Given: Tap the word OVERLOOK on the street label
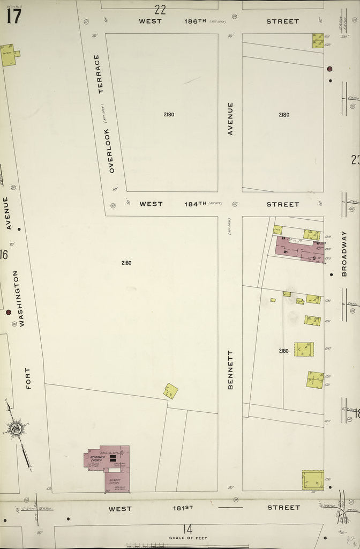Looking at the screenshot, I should coord(112,150).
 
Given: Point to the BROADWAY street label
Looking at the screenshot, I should coord(344,254).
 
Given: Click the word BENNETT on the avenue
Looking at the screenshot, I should coord(231,369).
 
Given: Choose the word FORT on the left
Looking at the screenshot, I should coord(28,378).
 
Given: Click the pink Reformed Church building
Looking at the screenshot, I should coord(107,458).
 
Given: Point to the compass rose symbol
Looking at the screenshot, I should coord(16,428).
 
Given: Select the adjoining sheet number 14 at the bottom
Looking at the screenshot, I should coord(187,529).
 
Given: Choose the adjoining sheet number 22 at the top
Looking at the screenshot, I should coord(160,9).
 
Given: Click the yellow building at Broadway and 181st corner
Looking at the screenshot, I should coord(312,480).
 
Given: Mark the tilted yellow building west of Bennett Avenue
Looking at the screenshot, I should coord(170,391).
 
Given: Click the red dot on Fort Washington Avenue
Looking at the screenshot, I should coord(9,311).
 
